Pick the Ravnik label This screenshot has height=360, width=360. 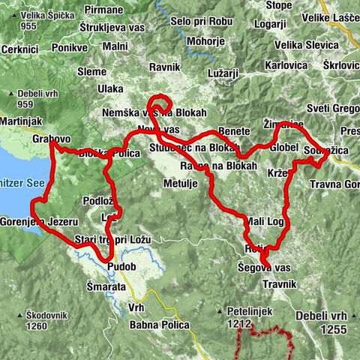165,67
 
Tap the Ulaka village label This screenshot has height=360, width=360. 110,88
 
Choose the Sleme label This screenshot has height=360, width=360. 92,73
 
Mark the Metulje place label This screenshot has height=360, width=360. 181,183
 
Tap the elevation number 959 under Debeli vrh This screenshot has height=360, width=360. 28,105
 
